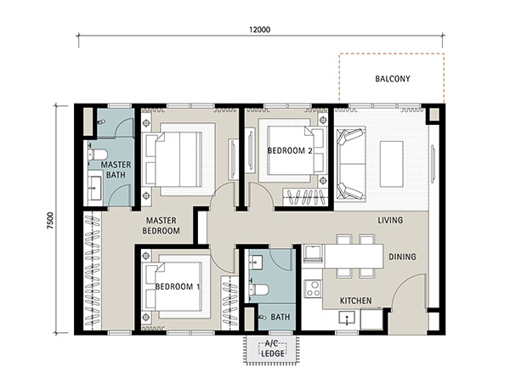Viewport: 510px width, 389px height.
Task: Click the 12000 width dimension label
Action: (259, 30)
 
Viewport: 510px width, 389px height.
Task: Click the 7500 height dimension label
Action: (50, 221)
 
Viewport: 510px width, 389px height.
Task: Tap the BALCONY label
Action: (393, 79)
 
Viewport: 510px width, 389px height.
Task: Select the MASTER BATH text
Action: (116, 170)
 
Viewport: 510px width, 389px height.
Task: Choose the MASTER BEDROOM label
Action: (161, 226)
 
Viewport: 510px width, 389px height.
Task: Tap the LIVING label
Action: (390, 220)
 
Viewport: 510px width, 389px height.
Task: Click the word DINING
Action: (402, 257)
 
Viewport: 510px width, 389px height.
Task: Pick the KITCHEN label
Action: (356, 301)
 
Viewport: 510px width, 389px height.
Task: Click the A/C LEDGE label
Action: (273, 349)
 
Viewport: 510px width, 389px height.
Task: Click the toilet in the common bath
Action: (258, 289)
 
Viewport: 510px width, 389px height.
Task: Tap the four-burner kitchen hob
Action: (313, 289)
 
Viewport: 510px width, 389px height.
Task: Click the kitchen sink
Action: (347, 318)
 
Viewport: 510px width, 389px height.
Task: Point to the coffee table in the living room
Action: (392, 164)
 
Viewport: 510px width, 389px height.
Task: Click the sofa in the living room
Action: (350, 164)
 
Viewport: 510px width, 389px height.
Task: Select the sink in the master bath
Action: (95, 189)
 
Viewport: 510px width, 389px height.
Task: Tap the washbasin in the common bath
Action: (256, 262)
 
